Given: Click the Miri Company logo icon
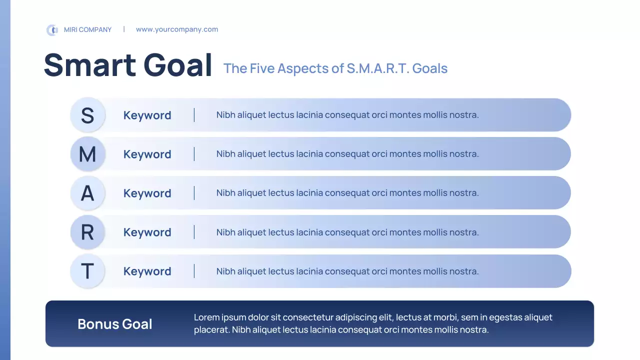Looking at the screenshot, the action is (52, 30).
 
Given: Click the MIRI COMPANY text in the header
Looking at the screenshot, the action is (87, 29).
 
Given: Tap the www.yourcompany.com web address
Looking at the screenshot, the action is (177, 29).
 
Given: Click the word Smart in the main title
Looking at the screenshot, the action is (90, 65).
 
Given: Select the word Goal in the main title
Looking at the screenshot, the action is (177, 65).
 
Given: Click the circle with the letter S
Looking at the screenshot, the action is (87, 115).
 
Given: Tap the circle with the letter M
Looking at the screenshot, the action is (87, 154).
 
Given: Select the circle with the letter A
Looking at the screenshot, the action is (87, 193).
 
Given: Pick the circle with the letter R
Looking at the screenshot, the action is (87, 232).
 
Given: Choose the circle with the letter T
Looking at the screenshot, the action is (87, 271).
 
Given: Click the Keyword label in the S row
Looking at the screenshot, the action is (147, 115).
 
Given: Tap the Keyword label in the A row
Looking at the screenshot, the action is (147, 193).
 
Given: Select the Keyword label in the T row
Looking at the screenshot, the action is (147, 271).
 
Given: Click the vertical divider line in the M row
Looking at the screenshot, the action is (194, 154).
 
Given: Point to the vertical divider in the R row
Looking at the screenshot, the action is (194, 232).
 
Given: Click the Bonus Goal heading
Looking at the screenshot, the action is (115, 324).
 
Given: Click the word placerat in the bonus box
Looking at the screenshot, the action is (211, 330).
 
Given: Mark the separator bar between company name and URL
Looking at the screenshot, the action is (124, 29).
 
